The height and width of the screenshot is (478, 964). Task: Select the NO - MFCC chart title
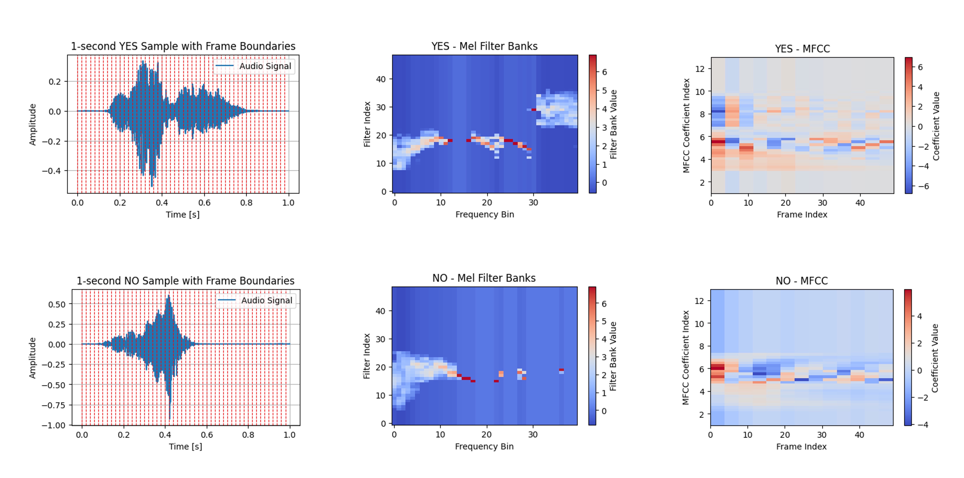[x=801, y=281]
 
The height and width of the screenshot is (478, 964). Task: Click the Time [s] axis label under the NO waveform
[x=185, y=447]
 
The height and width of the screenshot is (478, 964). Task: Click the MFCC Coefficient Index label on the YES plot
[x=686, y=125]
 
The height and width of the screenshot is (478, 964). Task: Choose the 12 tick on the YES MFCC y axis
[x=700, y=69]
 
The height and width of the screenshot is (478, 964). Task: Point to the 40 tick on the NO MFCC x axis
[x=859, y=435]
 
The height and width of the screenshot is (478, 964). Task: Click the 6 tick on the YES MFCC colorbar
[x=920, y=67]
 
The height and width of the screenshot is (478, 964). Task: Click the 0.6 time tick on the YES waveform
[x=204, y=203]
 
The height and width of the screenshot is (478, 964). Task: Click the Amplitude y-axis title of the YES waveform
[x=33, y=124]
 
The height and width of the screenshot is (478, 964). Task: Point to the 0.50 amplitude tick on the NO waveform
[x=56, y=304]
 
